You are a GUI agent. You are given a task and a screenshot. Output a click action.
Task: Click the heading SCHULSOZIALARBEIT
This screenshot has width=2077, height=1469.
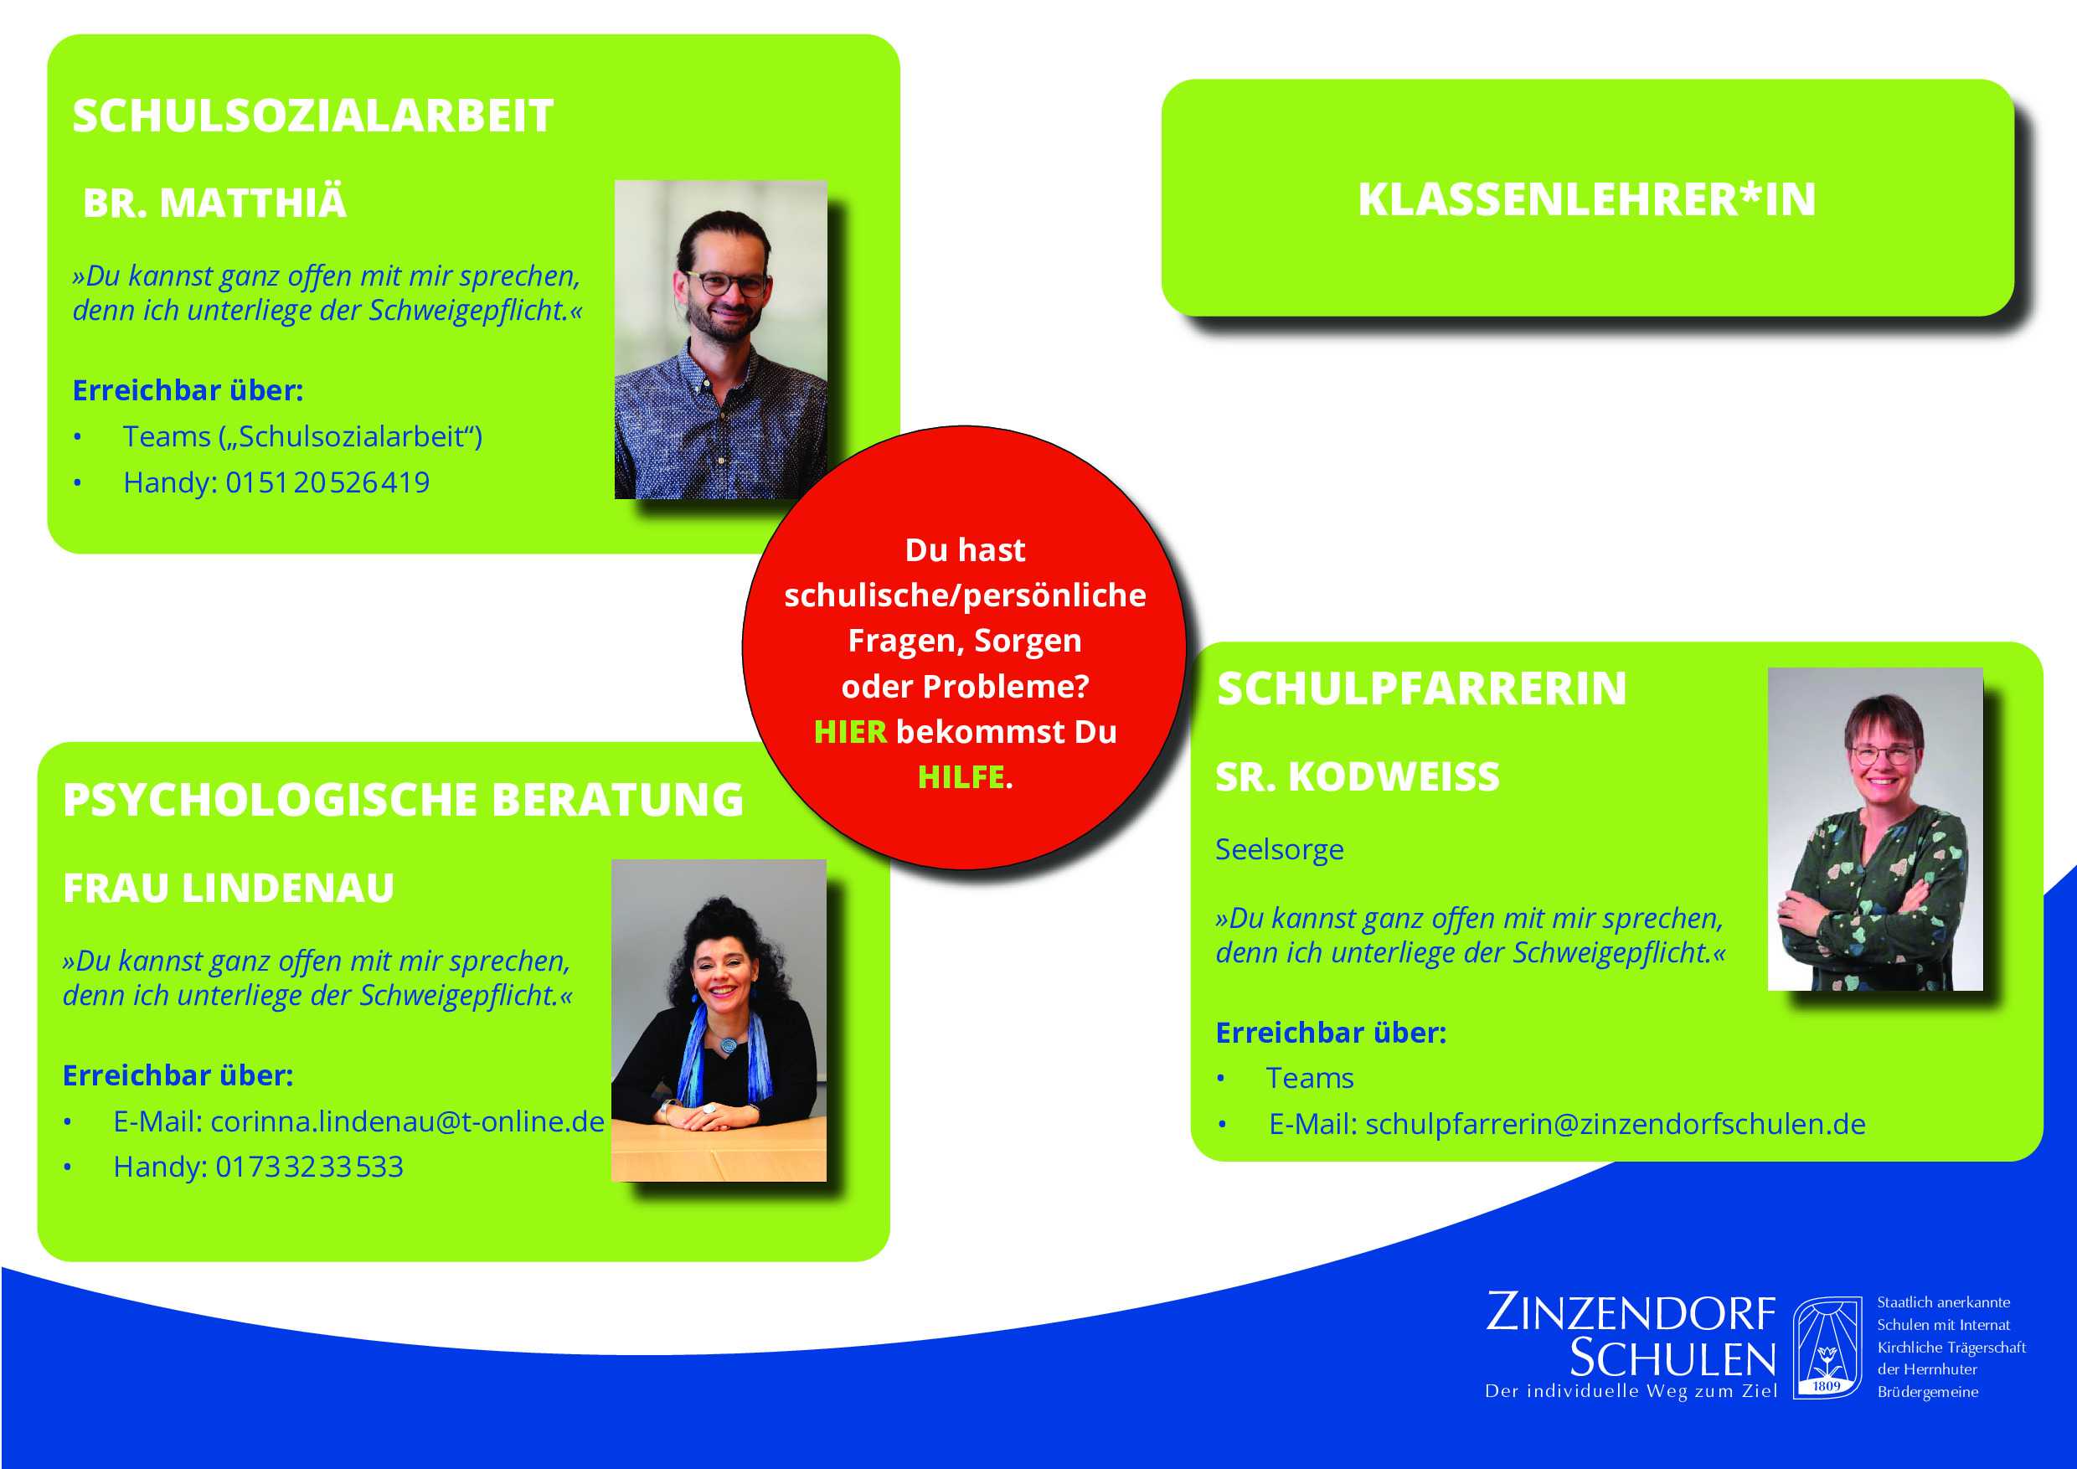tap(312, 116)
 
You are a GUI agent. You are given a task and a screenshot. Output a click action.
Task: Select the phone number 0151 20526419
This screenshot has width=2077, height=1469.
tap(327, 482)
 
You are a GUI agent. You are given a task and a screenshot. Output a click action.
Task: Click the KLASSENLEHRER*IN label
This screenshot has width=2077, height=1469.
tap(1587, 199)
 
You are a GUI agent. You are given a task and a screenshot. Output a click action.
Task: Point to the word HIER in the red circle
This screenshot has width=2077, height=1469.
tap(850, 731)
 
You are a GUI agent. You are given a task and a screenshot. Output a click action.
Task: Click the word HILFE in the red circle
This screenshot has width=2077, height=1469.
tap(961, 776)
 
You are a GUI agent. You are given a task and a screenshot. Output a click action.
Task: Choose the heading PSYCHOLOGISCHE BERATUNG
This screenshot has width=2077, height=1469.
tap(404, 799)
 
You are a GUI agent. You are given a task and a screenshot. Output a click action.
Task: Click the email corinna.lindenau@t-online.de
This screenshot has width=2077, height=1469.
tap(407, 1121)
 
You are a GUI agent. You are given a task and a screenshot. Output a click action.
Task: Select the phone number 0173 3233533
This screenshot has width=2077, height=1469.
tap(309, 1166)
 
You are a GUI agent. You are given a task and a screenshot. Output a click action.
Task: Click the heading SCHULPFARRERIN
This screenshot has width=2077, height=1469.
tap(1421, 688)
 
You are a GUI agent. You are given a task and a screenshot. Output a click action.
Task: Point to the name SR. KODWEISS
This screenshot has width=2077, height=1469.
tap(1357, 776)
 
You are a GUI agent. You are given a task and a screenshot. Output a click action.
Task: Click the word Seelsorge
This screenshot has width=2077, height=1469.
tap(1279, 848)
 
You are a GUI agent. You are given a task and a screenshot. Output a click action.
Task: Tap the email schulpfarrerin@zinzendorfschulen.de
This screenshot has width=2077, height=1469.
tap(1616, 1122)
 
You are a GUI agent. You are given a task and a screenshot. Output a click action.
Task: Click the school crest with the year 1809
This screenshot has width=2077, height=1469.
tap(1827, 1346)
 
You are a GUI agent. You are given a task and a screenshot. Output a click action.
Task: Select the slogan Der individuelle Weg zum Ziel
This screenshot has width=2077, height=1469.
tap(1631, 1390)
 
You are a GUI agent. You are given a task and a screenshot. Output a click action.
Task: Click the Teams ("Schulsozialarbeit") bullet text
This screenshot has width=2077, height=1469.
tap(302, 436)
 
